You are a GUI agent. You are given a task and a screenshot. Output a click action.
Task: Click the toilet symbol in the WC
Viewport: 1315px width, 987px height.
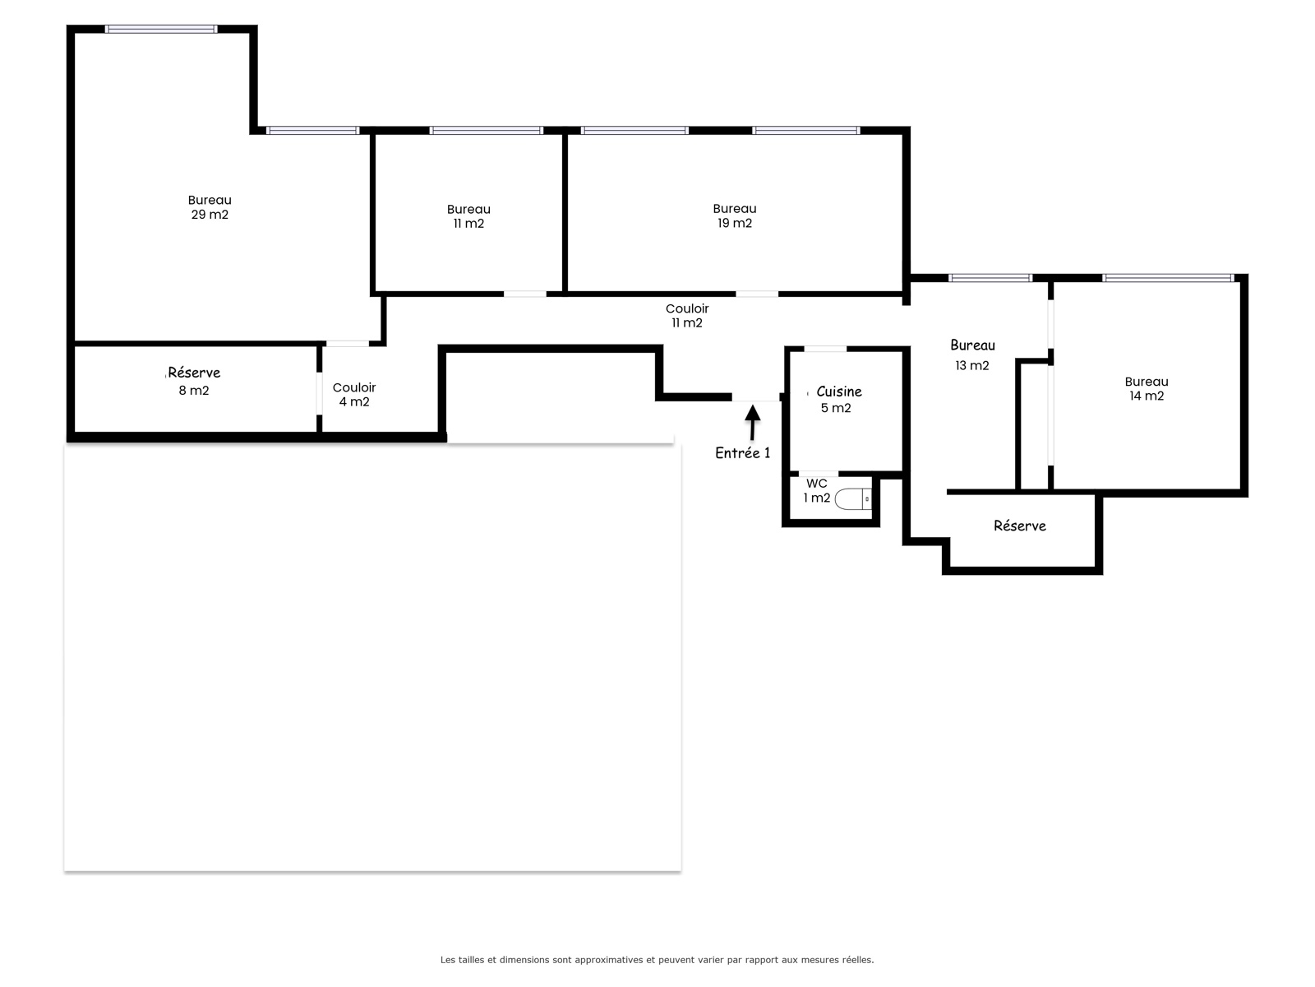tap(852, 498)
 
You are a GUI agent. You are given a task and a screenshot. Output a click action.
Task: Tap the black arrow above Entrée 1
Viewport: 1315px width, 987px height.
tap(753, 423)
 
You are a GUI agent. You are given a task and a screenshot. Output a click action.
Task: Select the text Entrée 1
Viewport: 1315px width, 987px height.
tap(742, 453)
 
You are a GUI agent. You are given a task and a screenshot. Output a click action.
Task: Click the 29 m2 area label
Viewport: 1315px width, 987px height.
tap(210, 215)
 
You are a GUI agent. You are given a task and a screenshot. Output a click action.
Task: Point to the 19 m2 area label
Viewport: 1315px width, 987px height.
tap(735, 223)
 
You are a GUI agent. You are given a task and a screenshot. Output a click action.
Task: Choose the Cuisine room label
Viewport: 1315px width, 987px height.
tap(839, 392)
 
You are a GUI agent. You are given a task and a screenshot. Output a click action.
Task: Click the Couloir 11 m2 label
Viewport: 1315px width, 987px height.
tap(687, 316)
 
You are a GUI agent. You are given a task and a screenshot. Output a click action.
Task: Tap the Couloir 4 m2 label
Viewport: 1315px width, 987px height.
tap(354, 394)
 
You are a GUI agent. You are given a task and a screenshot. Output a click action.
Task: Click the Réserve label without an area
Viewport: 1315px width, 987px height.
tap(1020, 526)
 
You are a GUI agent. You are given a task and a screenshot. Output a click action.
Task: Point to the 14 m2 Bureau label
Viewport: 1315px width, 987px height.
tap(1146, 388)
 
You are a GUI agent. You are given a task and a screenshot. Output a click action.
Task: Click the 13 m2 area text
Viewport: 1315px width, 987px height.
tap(971, 365)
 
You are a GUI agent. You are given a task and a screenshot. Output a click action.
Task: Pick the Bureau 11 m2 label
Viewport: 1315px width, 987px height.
tap(468, 216)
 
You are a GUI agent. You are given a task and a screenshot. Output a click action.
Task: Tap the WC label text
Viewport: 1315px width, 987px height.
tap(817, 484)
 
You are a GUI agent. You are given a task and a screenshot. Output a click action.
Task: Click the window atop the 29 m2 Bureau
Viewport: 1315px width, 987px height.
tap(161, 29)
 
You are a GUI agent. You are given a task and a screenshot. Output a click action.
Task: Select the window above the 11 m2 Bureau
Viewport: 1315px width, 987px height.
tap(487, 130)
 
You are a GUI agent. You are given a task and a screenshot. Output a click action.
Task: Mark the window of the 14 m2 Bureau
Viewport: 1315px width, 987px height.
tap(1168, 277)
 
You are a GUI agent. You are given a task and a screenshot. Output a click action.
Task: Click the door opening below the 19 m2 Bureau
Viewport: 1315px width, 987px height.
tap(757, 294)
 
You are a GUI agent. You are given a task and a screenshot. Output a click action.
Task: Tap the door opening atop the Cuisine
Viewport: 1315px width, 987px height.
tap(825, 349)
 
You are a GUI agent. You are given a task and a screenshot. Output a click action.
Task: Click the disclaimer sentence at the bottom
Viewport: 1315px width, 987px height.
tap(657, 959)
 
